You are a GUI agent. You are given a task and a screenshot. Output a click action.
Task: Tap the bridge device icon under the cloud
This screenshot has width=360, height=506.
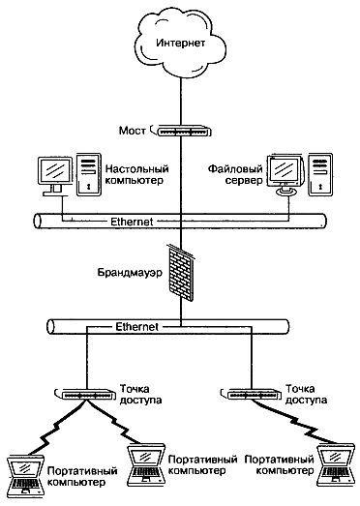point(180,128)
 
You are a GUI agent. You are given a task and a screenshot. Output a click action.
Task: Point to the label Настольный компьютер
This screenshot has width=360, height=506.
point(134,174)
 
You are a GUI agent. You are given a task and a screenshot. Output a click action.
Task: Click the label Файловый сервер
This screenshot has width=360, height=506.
point(231,174)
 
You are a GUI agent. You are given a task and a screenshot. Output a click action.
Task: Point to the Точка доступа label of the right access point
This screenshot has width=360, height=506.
point(305,392)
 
